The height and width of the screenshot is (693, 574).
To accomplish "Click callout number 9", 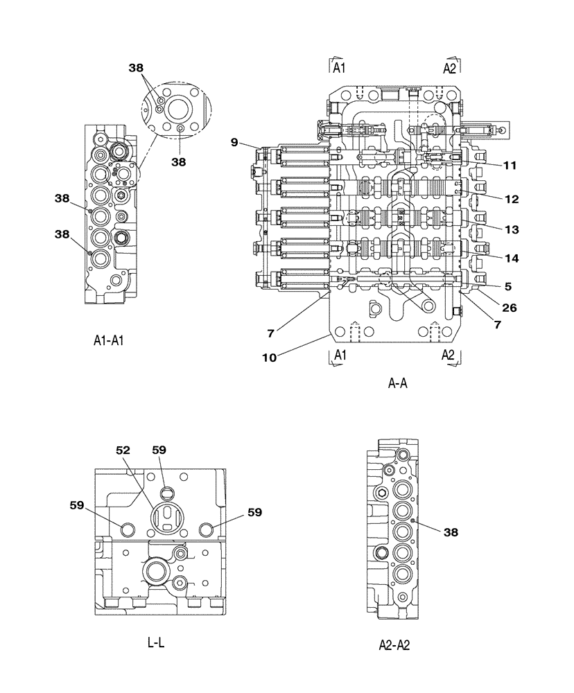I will pos(235,143).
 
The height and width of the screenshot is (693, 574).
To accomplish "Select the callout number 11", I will pos(510,166).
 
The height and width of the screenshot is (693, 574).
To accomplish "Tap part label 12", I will pos(512,200).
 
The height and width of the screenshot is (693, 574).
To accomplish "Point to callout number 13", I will pos(512,229).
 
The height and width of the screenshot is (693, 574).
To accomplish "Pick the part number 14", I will pos(512,258).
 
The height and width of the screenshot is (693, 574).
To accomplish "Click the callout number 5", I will pos(508,285).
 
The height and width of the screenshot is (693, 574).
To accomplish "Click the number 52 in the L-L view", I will pos(123,450).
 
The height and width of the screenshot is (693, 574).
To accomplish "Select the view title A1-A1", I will pos(113,340).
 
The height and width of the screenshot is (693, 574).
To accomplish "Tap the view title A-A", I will pos(397,383).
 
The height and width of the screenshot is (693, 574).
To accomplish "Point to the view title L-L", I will pos(156,642).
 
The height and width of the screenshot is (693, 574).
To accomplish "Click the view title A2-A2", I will pos(394,645).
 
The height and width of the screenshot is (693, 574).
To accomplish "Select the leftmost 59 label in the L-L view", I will pos(78,506).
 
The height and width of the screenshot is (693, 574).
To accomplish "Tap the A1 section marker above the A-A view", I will pos(338,67).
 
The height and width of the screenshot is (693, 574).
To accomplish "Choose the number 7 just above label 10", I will pos(271,333).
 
